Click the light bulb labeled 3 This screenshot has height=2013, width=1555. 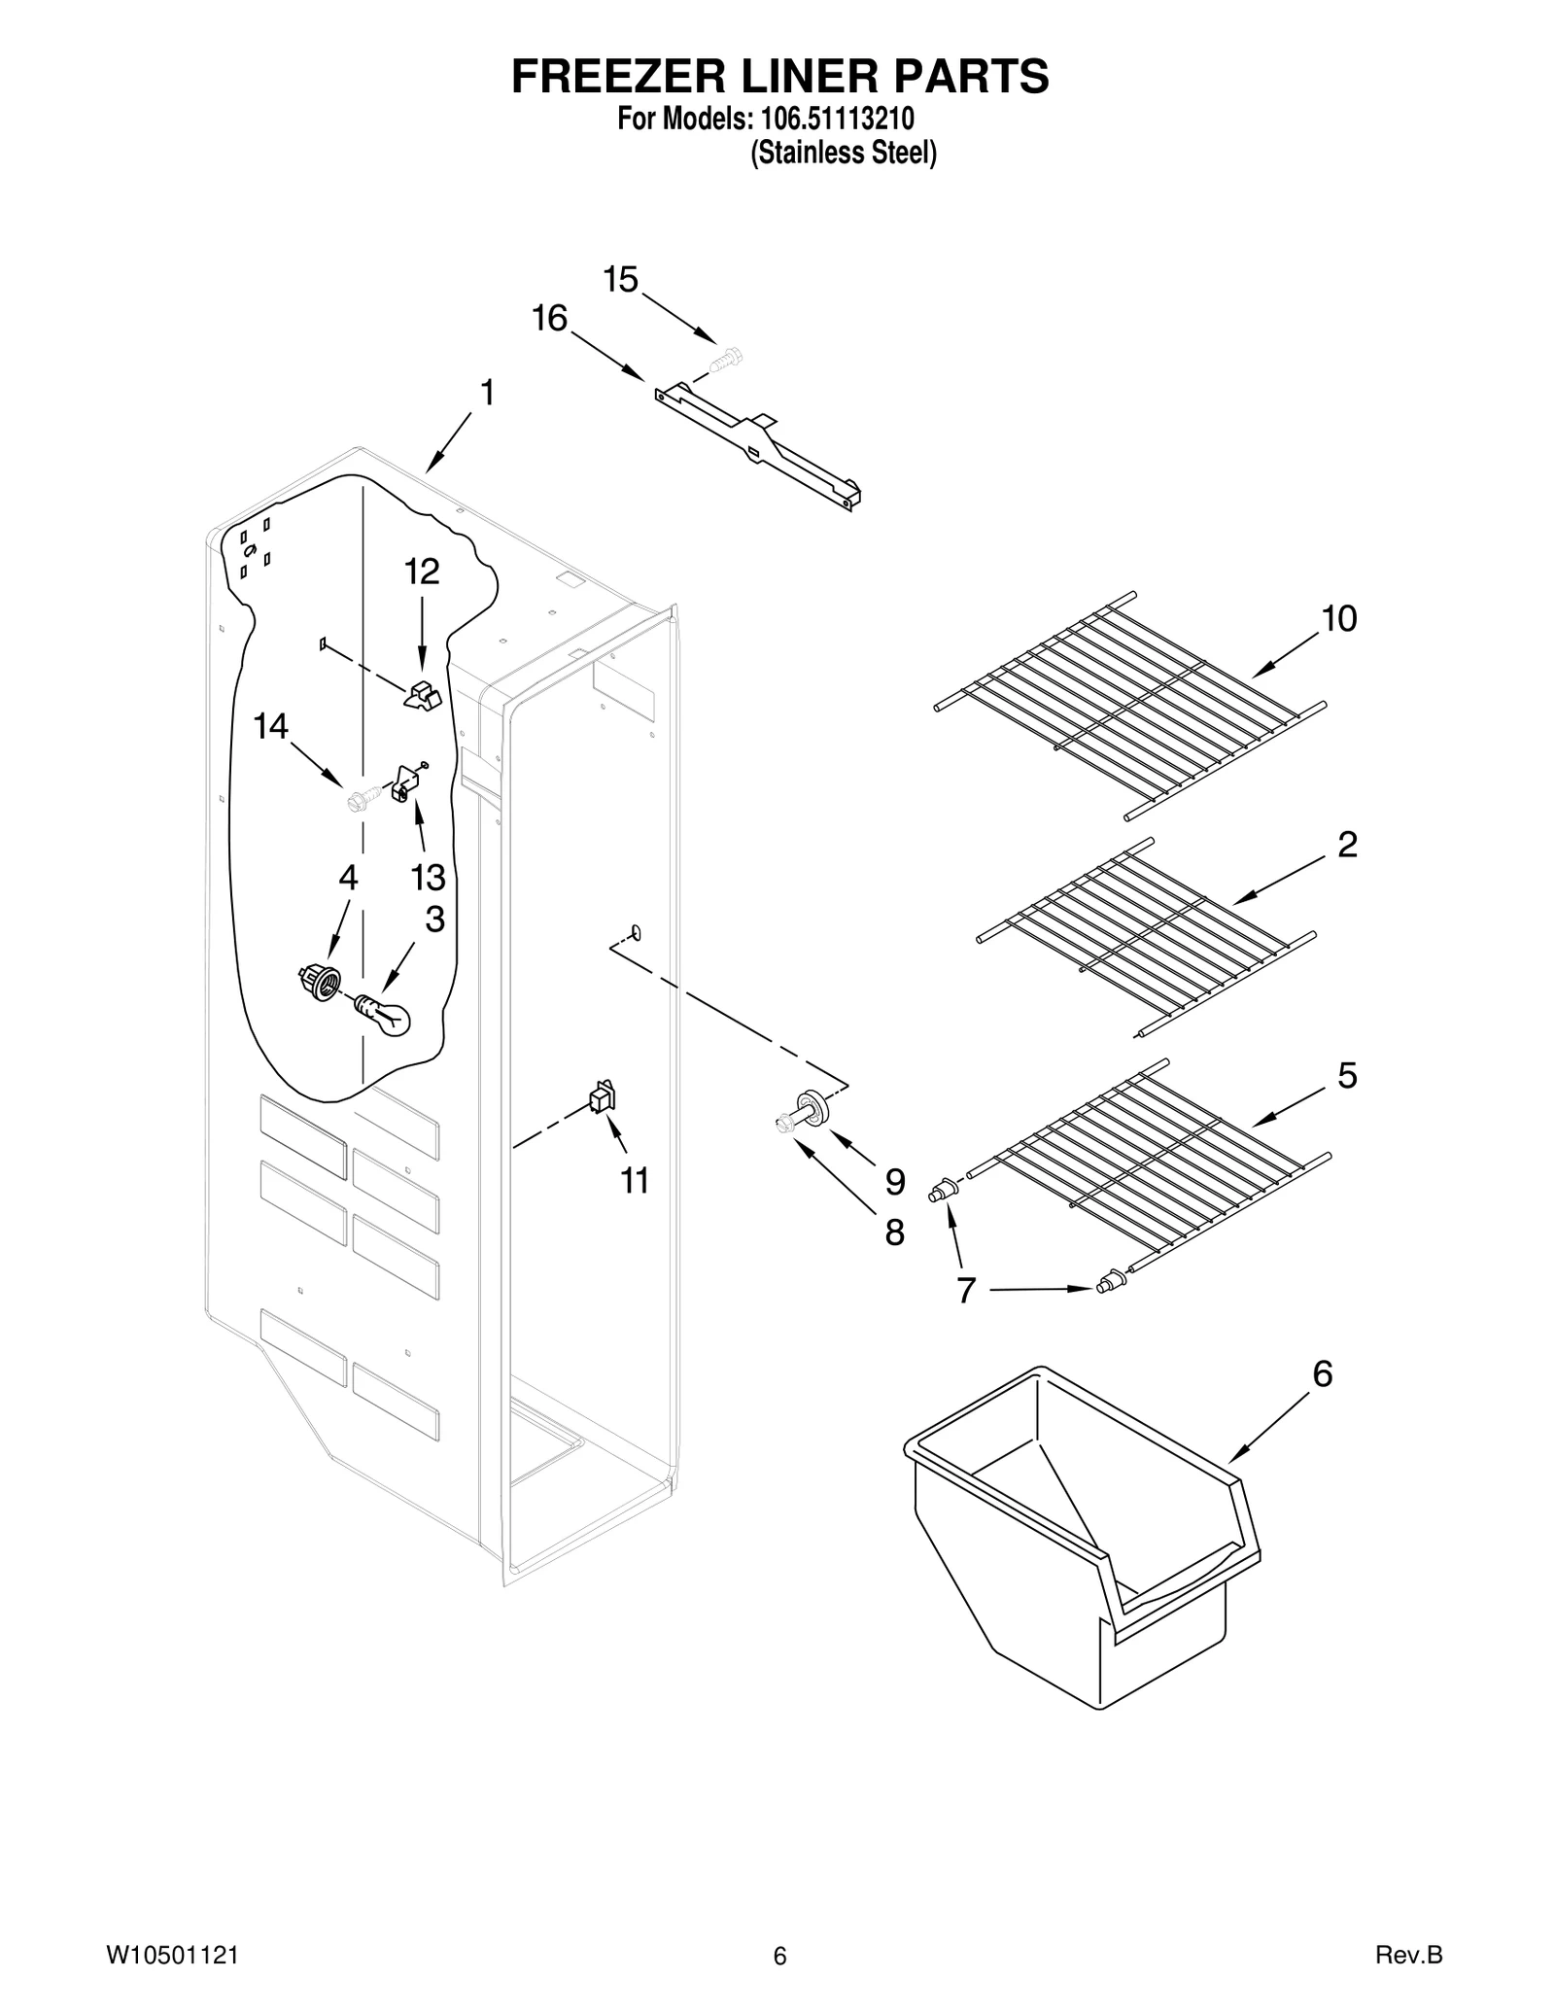click(x=387, y=1015)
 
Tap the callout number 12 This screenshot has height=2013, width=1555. click(x=422, y=572)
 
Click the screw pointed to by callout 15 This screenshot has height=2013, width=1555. click(x=724, y=360)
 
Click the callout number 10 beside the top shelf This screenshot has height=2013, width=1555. click(x=1339, y=618)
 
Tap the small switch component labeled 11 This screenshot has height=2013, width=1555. click(x=603, y=1097)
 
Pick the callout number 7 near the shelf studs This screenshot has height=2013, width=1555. click(x=965, y=1291)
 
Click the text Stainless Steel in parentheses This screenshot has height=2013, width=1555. click(x=844, y=153)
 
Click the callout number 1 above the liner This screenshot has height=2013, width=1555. click(x=487, y=394)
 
